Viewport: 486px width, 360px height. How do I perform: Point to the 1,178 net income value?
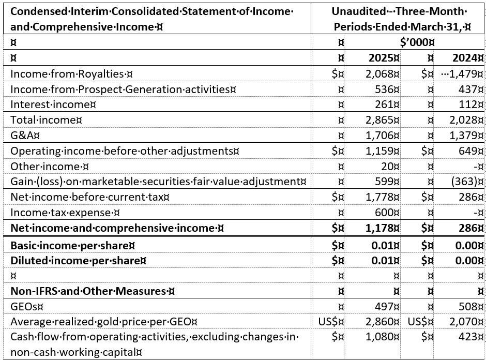pyautogui.click(x=381, y=228)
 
